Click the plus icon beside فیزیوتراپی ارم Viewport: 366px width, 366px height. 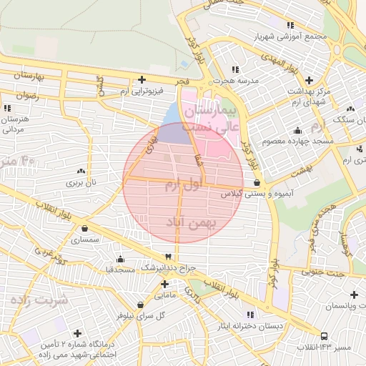pos(142,79)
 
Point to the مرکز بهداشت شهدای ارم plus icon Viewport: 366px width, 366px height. pos(309,79)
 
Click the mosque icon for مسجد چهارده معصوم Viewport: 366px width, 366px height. pos(297,130)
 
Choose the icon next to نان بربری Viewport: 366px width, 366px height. pos(80,172)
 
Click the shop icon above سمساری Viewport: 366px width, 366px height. pos(86,229)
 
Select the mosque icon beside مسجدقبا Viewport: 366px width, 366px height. pos(119,259)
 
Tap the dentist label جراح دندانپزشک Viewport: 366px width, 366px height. pos(167,267)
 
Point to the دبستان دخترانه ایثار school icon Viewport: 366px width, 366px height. pos(249,315)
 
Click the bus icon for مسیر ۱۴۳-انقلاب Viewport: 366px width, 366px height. pos(324,335)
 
